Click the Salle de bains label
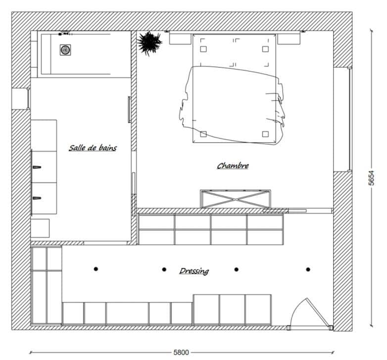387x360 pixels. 93,148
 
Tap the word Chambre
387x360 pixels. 233,166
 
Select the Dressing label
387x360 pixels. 194,271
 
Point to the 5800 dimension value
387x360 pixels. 181,353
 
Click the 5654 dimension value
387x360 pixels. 372,178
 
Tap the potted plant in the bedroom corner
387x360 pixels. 149,43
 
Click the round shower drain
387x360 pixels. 65,50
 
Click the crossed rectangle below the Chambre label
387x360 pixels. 235,199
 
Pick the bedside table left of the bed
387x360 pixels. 180,39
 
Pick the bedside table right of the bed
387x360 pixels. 289,39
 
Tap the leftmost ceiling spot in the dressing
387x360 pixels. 96,269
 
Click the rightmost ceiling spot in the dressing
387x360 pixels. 308,269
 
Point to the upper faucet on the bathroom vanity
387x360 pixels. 37,167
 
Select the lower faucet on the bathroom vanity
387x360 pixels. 37,198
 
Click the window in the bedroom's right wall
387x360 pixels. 349,119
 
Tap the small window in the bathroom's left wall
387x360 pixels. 28,99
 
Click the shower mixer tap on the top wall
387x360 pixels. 65,33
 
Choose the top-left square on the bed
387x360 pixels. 203,49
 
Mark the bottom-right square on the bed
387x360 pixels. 265,134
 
